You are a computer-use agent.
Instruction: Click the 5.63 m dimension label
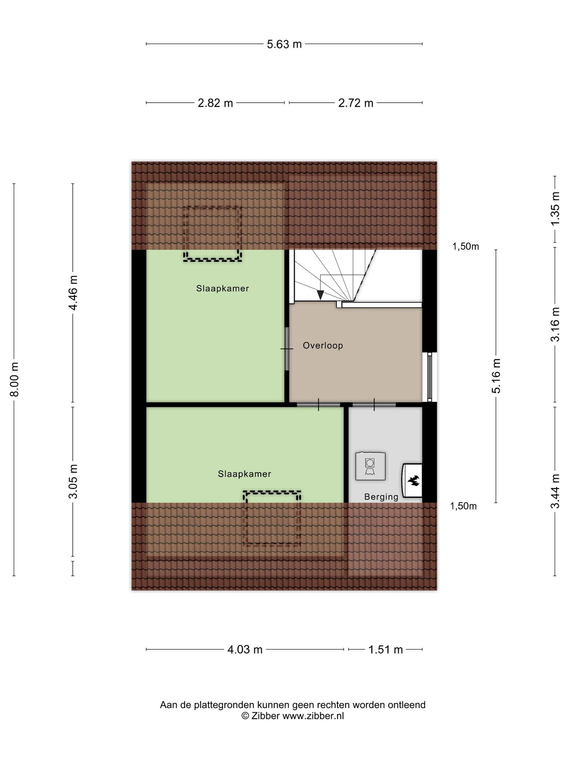[x=284, y=44]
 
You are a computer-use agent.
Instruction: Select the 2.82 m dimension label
[x=215, y=103]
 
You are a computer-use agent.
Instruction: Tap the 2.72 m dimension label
[x=356, y=103]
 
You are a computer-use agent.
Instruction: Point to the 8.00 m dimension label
[x=14, y=379]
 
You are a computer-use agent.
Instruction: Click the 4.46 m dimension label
[x=73, y=293]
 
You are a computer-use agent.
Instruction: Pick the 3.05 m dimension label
[x=73, y=481]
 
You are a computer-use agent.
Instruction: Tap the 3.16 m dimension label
[x=555, y=325]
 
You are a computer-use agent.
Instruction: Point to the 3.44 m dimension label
[x=555, y=491]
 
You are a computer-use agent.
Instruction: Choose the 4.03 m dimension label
[x=245, y=650]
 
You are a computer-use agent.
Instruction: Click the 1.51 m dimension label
[x=385, y=650]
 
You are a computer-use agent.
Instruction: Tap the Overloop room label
[x=323, y=346]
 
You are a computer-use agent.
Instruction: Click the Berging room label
[x=381, y=497]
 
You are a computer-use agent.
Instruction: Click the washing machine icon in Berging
[x=370, y=466]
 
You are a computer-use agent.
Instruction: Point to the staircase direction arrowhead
[x=320, y=295]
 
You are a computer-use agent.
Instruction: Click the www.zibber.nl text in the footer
[x=313, y=716]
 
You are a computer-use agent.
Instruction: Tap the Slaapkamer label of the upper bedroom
[x=223, y=288]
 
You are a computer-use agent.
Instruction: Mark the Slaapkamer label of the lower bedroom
[x=244, y=474]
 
